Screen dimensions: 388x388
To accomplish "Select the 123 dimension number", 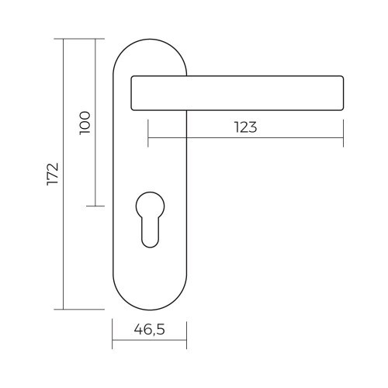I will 244,128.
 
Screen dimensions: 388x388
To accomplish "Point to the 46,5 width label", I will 149,329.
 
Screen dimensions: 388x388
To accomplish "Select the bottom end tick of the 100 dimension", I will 95,206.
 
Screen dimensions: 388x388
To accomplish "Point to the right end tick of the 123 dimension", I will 342,140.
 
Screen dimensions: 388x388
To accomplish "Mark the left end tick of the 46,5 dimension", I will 113,341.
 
